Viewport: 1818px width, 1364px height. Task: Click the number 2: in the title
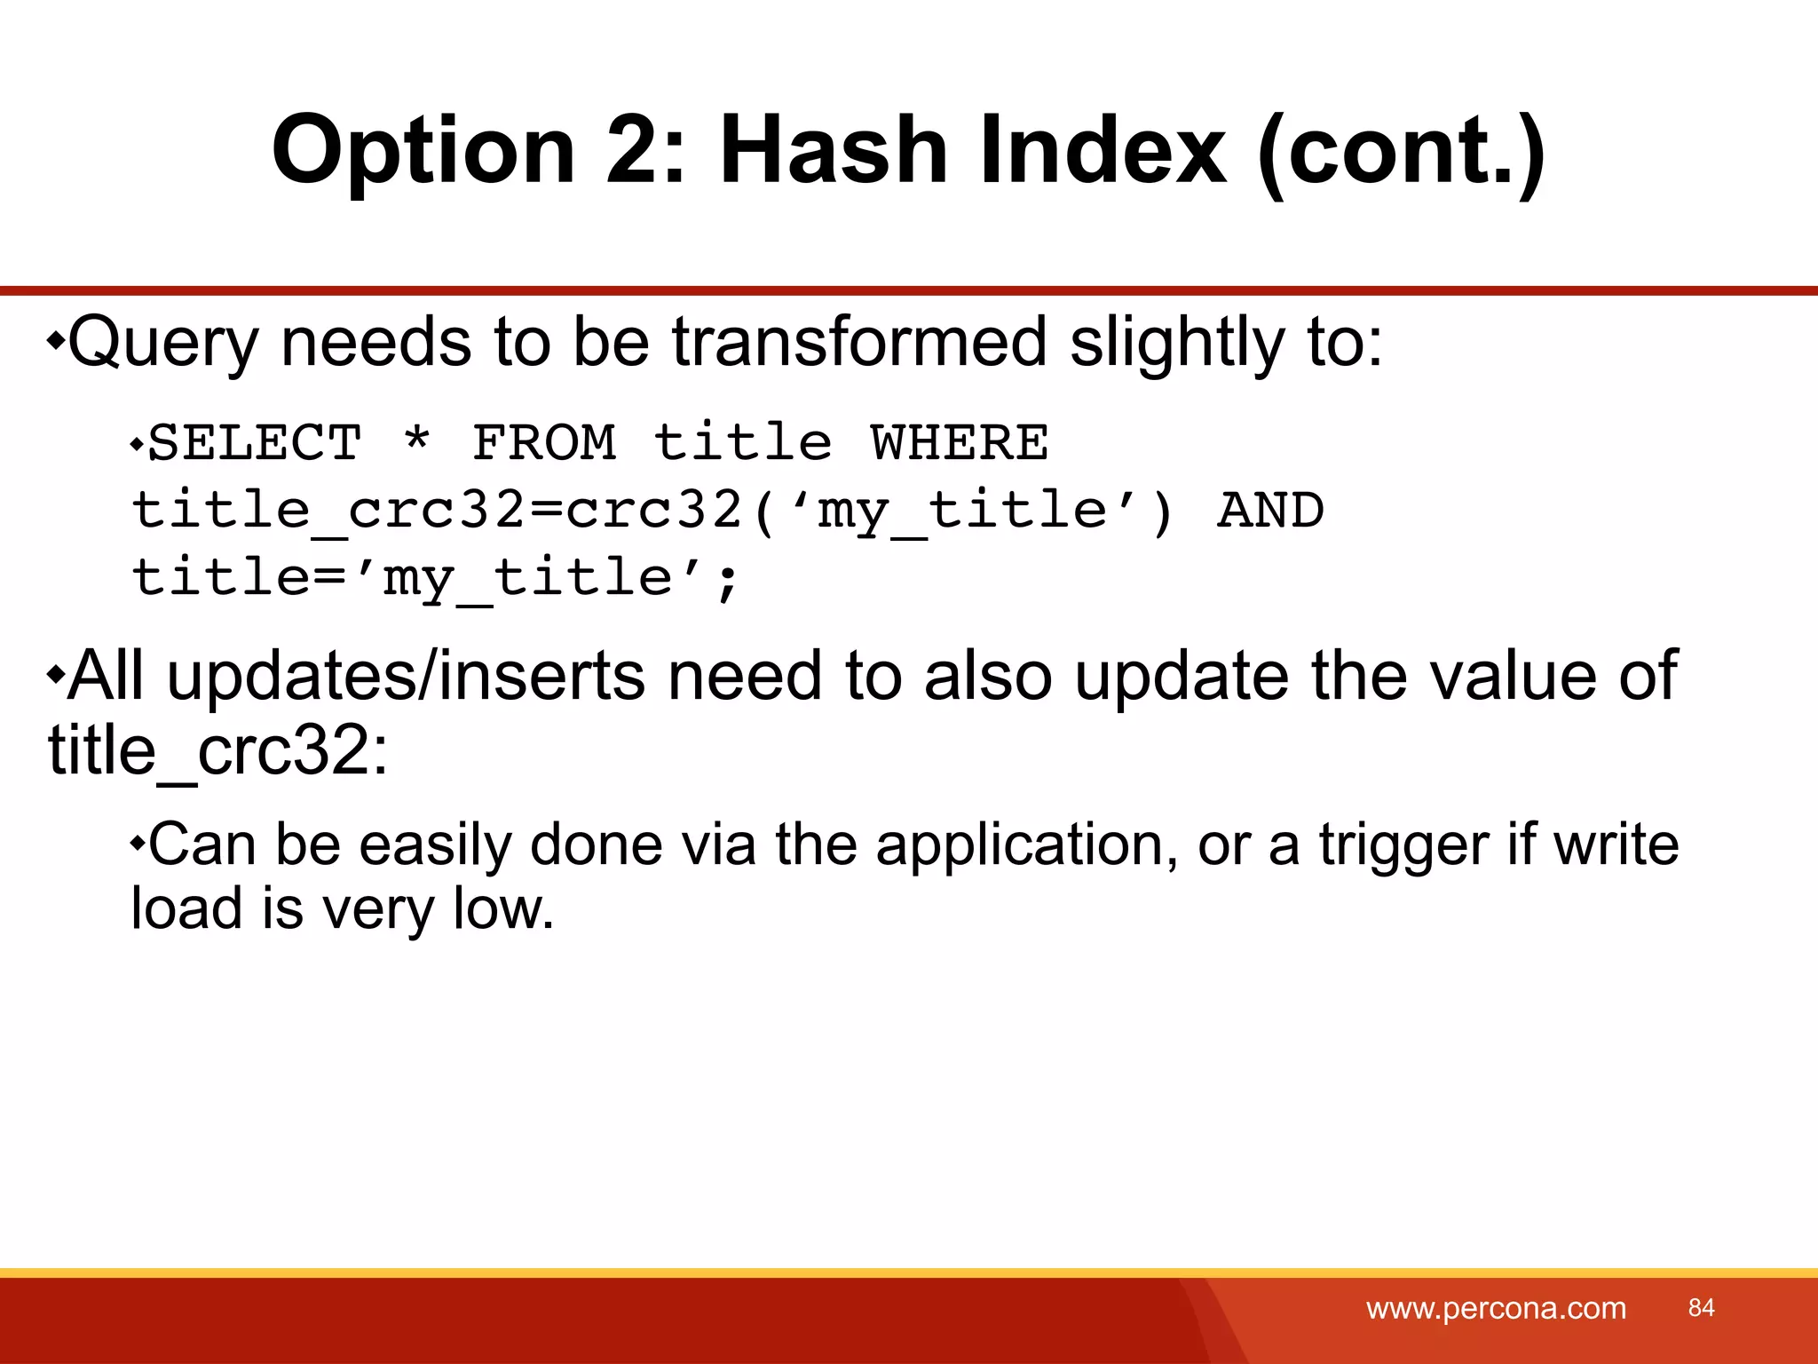coord(646,151)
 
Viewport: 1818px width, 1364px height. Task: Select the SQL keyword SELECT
coord(255,442)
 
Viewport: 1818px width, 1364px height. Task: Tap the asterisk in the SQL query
coord(416,440)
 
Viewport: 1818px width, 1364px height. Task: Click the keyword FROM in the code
coord(543,442)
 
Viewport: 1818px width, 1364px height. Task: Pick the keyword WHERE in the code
coord(959,442)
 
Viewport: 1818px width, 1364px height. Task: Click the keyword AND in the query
coord(1270,511)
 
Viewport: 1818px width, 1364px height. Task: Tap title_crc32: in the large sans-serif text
coord(217,751)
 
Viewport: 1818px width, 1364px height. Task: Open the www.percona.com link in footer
coord(1496,1308)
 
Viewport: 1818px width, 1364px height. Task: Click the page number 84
coord(1701,1307)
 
